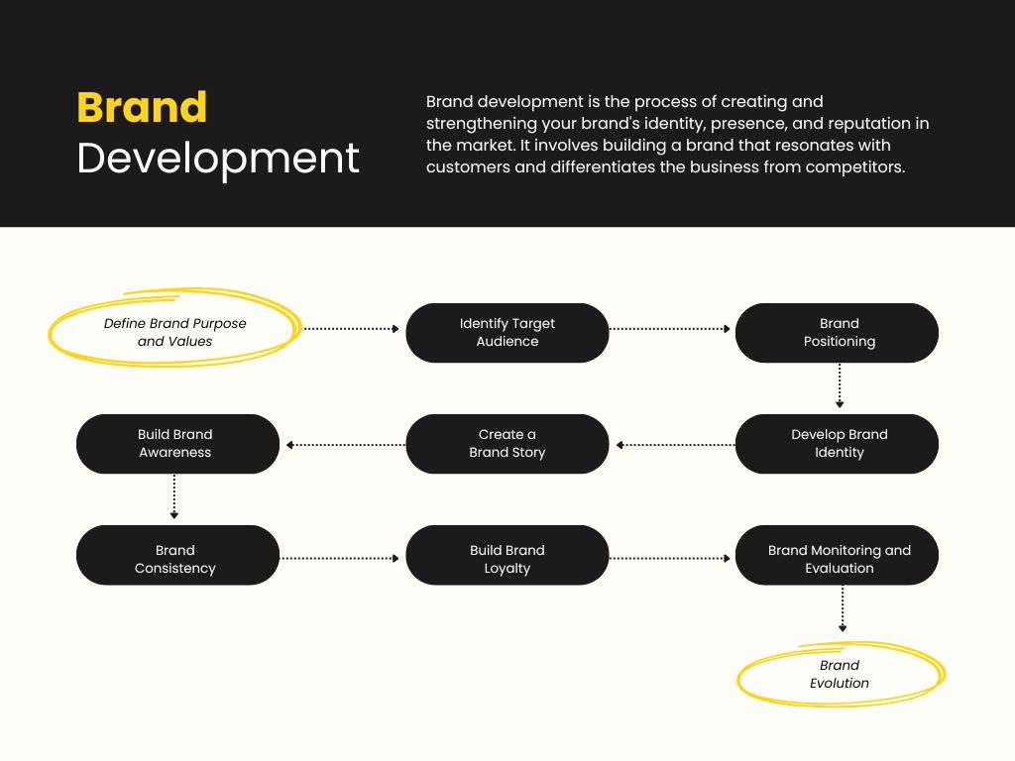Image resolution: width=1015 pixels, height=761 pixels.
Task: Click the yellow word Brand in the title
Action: (x=142, y=107)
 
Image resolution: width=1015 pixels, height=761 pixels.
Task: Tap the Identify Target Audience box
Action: (x=507, y=333)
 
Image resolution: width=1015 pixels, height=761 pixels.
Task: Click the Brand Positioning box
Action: (x=838, y=333)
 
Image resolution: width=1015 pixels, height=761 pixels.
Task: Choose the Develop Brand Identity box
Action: (x=838, y=444)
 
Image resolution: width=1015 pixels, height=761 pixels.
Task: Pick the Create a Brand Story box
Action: (x=507, y=444)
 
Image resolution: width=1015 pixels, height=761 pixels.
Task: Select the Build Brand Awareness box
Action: (x=176, y=444)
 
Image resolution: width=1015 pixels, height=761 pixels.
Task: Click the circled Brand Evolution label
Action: (x=840, y=675)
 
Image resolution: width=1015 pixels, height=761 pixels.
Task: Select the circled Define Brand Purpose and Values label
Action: (x=174, y=333)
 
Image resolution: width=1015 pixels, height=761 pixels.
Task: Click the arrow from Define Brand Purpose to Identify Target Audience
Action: (x=352, y=328)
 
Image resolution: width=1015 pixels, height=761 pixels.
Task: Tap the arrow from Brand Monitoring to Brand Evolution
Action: (x=843, y=608)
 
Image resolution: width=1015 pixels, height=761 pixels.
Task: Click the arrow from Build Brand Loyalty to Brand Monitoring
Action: (x=672, y=559)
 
